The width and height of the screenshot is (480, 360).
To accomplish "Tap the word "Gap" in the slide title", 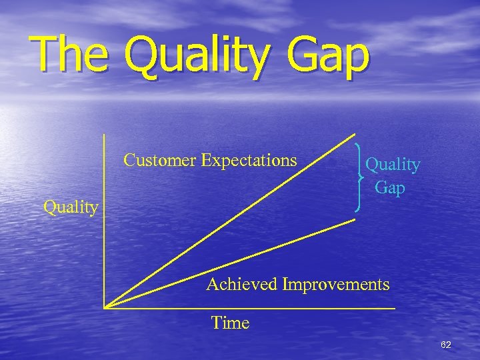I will pyautogui.click(x=329, y=56).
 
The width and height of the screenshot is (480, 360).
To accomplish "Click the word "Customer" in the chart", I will pyautogui.click(x=161, y=160).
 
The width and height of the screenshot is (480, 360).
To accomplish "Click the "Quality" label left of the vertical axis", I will pyautogui.click(x=71, y=207).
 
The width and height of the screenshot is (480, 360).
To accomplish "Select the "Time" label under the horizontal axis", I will pyautogui.click(x=230, y=323).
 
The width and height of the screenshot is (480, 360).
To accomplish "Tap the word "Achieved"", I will pyautogui.click(x=242, y=285).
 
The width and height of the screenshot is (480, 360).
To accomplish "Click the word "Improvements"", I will pyautogui.click(x=336, y=285).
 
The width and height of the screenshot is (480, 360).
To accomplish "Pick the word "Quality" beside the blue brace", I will pyautogui.click(x=393, y=165).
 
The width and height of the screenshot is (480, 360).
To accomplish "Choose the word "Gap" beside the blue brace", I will pyautogui.click(x=390, y=188).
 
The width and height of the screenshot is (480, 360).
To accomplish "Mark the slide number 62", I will pyautogui.click(x=446, y=345).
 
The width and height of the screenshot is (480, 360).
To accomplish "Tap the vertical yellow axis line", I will pyautogui.click(x=105, y=220).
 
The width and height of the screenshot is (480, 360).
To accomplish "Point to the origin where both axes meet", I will pyautogui.click(x=105, y=307).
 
